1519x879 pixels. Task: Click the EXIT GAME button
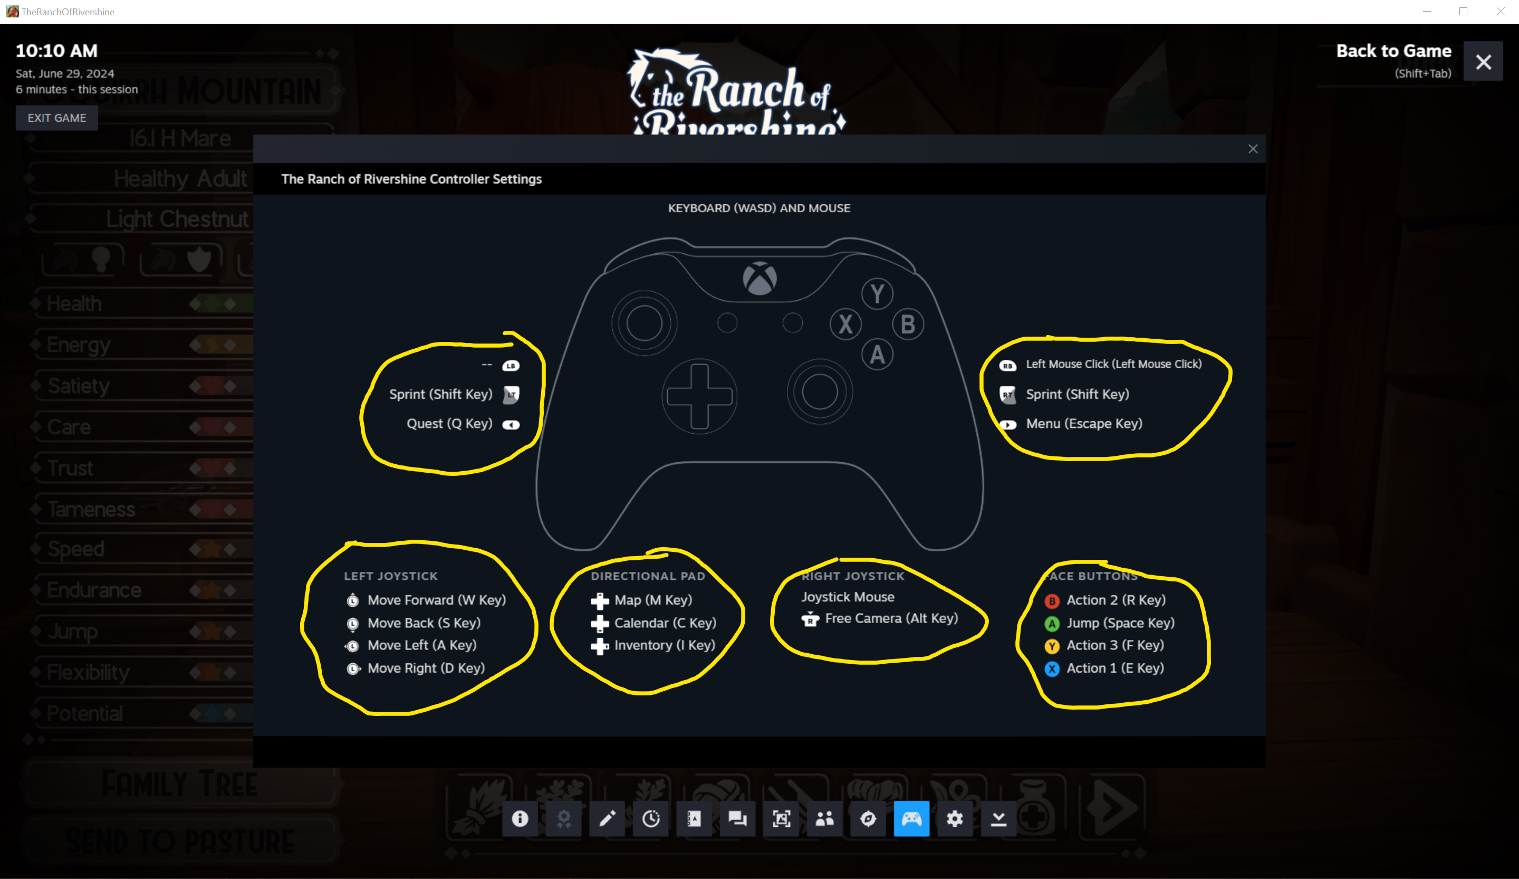click(x=56, y=118)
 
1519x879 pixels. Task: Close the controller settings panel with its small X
click(x=1253, y=149)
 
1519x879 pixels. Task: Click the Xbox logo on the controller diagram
click(x=759, y=279)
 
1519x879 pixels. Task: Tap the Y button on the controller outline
click(x=877, y=293)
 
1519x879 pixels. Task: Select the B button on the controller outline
click(x=908, y=324)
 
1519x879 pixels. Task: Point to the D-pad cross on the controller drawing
click(x=699, y=396)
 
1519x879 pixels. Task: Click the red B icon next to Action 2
click(x=1052, y=601)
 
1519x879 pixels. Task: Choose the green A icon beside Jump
click(x=1052, y=624)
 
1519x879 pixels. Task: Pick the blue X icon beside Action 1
click(x=1052, y=668)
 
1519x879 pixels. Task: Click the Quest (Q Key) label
click(x=449, y=424)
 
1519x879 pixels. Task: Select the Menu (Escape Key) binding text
click(x=1084, y=424)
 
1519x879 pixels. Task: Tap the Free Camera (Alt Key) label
click(x=891, y=618)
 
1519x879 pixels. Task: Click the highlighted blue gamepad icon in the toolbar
click(x=911, y=819)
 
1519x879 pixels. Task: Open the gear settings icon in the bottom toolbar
click(x=955, y=819)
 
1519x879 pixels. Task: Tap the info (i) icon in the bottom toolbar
click(x=520, y=819)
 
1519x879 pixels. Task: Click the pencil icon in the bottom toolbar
click(x=607, y=819)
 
